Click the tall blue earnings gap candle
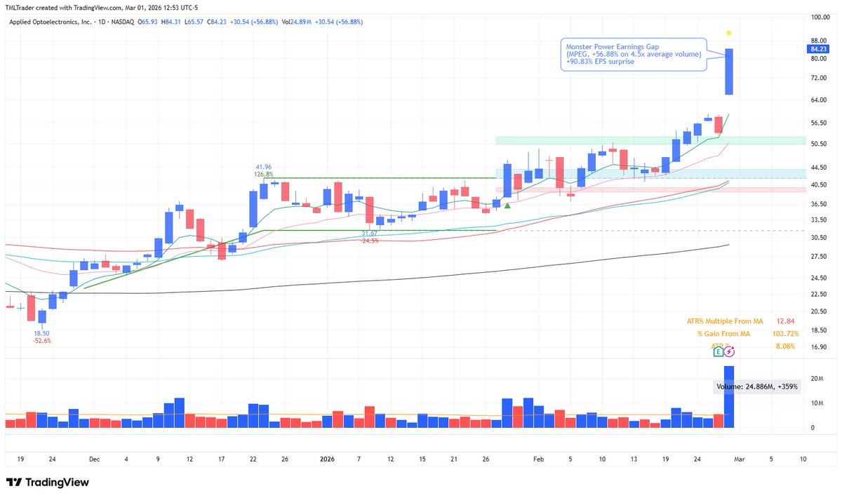(x=729, y=71)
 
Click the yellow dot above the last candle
(x=729, y=33)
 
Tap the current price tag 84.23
(x=818, y=49)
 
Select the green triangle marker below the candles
(x=507, y=205)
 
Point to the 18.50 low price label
(x=42, y=332)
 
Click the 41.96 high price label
(x=263, y=167)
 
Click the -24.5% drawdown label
(x=370, y=241)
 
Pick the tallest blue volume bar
(x=729, y=396)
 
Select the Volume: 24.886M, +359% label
(x=757, y=386)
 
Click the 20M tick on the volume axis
(x=817, y=379)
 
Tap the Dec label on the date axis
(x=95, y=459)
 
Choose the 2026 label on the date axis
(x=327, y=459)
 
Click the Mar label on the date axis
(x=739, y=459)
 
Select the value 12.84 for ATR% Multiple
(x=784, y=321)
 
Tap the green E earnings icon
(x=719, y=351)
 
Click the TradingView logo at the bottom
(x=47, y=483)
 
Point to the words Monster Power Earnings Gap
(x=611, y=46)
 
